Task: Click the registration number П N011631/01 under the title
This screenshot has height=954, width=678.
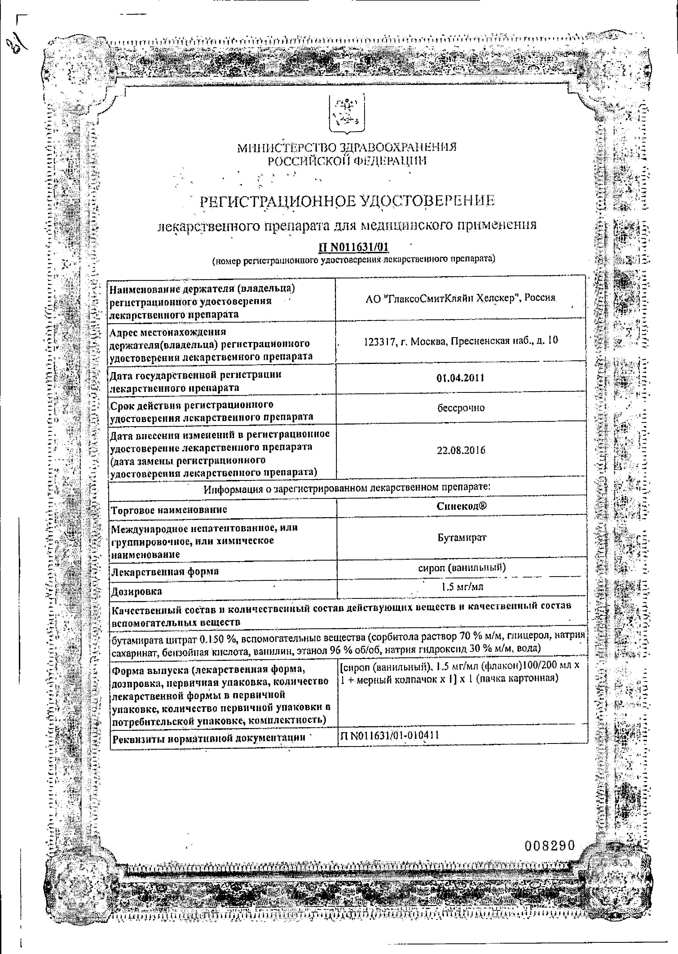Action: (353, 247)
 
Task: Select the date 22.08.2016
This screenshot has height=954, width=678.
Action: (461, 450)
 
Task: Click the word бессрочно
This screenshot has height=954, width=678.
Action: (461, 408)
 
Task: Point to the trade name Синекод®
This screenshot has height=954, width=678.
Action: (461, 507)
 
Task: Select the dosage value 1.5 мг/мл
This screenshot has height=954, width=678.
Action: (462, 587)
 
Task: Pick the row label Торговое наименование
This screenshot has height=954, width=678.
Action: (169, 510)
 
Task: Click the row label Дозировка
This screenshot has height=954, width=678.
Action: (136, 591)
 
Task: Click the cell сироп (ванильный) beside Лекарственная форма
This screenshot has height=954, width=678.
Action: (462, 567)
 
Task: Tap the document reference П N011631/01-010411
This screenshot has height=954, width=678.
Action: (390, 735)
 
